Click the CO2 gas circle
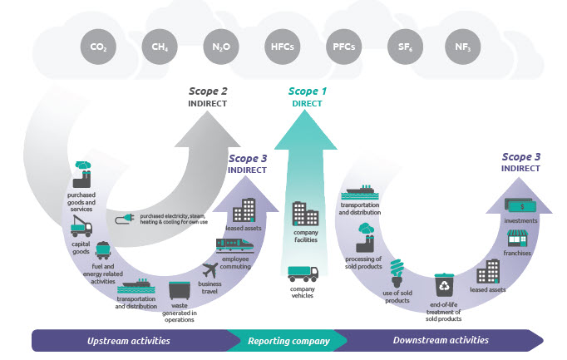tap(98, 47)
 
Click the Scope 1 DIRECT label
tap(307, 97)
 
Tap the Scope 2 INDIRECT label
tap(208, 97)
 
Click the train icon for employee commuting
tap(235, 244)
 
